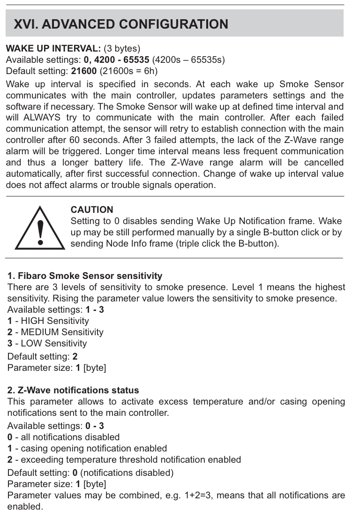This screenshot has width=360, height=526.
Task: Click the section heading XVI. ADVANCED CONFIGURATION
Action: (121, 24)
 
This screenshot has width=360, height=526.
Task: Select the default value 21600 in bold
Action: (83, 71)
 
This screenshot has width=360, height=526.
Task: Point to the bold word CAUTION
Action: (92, 210)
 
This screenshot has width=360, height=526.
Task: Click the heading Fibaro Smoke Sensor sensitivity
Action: (85, 276)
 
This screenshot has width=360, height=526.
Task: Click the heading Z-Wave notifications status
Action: (73, 390)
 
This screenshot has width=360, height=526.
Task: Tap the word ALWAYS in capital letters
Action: (43, 118)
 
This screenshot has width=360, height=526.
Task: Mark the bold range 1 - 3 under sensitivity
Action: (94, 310)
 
